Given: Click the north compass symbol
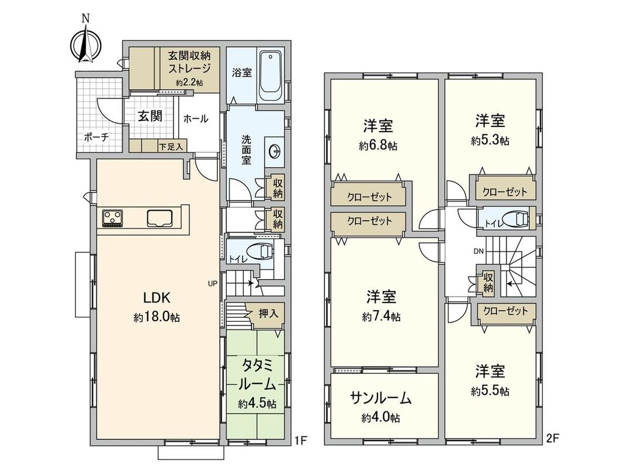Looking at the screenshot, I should (x=85, y=44).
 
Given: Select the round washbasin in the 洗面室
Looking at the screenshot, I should (x=275, y=151).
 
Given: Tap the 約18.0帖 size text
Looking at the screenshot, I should (x=156, y=317).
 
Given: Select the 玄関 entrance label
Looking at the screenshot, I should (x=150, y=116).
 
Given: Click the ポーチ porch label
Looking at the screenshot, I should (x=96, y=138).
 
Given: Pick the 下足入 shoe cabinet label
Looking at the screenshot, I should (x=171, y=146).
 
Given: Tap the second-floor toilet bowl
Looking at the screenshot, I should (x=516, y=218).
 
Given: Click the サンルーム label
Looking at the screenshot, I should (x=380, y=399).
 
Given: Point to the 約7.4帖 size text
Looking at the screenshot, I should (x=381, y=317).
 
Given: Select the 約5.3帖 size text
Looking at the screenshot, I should (x=490, y=141).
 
